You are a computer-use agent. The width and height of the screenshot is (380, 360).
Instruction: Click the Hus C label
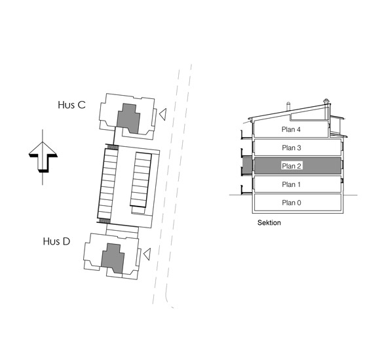click(71, 105)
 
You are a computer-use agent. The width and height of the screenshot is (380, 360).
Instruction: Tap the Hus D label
click(57, 241)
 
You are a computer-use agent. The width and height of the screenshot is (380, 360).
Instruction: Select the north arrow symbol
click(43, 157)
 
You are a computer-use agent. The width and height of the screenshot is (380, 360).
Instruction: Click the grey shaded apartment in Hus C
click(128, 118)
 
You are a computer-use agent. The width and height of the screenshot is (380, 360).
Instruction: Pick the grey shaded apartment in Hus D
click(113, 258)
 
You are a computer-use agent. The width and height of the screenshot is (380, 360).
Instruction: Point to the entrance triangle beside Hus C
click(163, 114)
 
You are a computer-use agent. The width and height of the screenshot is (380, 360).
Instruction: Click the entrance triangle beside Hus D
click(147, 254)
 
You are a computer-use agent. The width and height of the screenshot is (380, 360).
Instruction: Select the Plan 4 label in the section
click(291, 130)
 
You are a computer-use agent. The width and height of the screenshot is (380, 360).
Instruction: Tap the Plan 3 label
click(292, 148)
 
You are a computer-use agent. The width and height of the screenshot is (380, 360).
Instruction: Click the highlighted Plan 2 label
click(292, 166)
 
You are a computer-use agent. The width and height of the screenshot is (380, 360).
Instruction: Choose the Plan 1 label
click(291, 184)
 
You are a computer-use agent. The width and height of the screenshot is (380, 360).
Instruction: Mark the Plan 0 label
click(292, 203)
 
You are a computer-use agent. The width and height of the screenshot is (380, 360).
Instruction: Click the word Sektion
click(269, 223)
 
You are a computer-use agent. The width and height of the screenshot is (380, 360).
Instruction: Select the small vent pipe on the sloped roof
click(288, 106)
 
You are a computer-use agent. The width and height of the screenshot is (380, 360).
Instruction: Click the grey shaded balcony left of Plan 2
click(247, 165)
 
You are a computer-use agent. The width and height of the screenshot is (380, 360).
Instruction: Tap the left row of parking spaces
click(107, 184)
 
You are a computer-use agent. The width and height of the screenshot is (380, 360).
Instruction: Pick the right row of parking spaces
click(141, 180)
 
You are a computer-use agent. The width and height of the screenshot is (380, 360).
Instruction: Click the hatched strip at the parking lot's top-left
click(112, 147)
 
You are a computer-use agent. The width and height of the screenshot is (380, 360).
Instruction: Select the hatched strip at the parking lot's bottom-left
click(104, 220)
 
